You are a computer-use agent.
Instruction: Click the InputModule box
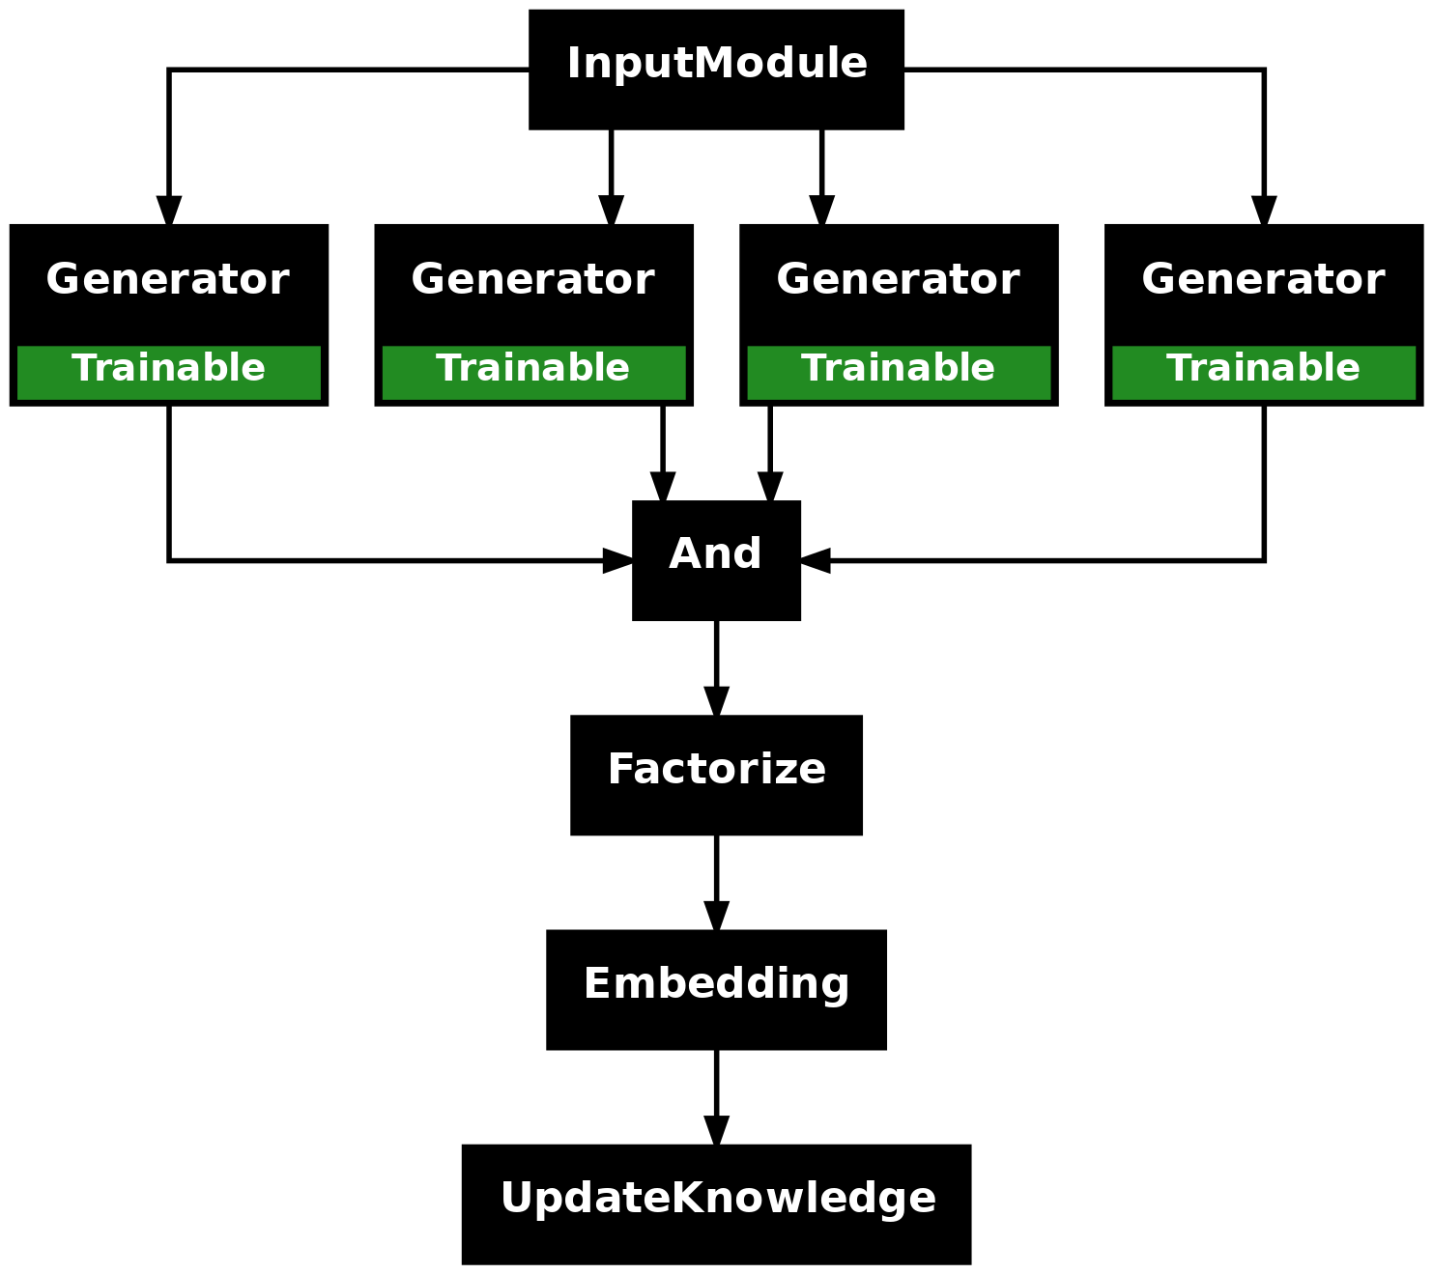click(716, 70)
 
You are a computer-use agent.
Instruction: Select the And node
click(716, 560)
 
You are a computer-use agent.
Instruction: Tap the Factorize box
click(716, 775)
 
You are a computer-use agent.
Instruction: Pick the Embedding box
click(716, 989)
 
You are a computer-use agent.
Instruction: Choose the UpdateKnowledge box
click(716, 1204)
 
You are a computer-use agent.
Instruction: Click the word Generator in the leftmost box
click(167, 278)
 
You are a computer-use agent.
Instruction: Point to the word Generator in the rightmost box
click(1263, 278)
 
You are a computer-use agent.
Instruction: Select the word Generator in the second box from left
click(532, 278)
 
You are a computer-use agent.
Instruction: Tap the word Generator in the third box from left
click(899, 278)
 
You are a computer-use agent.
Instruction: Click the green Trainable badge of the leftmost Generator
click(168, 372)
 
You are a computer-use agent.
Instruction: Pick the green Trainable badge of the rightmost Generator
click(1264, 372)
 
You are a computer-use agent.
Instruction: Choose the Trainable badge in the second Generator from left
click(533, 372)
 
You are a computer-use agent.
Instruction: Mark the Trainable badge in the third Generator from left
click(899, 372)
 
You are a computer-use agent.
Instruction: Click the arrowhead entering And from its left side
click(617, 560)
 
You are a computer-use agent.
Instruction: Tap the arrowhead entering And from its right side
click(815, 560)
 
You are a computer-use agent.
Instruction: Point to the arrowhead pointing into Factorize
click(717, 700)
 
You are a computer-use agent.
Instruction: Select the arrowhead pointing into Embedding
click(717, 916)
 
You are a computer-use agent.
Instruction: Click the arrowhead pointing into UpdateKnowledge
click(717, 1130)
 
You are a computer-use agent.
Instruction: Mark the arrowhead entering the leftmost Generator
click(169, 210)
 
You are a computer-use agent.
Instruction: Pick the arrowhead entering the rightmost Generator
click(1264, 210)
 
